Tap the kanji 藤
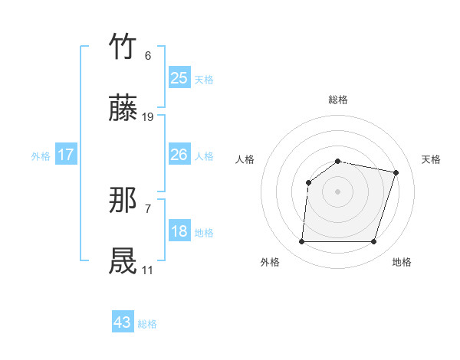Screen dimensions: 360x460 click(123, 110)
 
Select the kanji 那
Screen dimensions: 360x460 click(123, 201)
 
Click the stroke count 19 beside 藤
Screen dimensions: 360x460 click(148, 117)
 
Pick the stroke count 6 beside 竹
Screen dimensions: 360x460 click(147, 56)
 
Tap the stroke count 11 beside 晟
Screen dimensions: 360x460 click(147, 270)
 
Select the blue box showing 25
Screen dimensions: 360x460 click(179, 77)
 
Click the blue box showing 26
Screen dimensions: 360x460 click(179, 155)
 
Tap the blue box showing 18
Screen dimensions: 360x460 click(179, 231)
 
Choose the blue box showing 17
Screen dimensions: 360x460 click(66, 155)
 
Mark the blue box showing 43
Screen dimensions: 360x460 click(123, 322)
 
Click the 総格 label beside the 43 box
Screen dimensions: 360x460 click(148, 324)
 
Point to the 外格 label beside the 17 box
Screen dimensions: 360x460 click(41, 156)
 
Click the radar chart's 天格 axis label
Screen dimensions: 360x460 click(431, 159)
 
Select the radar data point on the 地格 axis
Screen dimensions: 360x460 click(373, 242)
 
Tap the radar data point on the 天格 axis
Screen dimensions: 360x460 click(396, 172)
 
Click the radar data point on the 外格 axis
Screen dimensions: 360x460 click(301, 242)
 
